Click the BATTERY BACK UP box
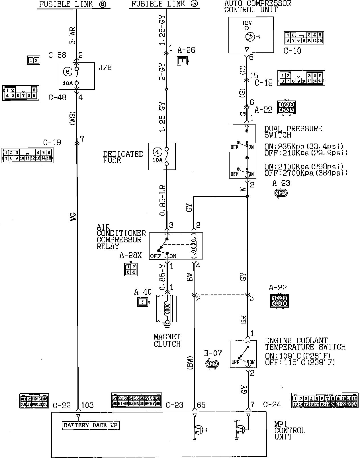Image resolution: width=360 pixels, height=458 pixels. [x=91, y=425]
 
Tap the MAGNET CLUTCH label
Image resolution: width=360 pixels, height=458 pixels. [x=167, y=340]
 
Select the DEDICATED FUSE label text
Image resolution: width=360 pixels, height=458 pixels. [x=123, y=157]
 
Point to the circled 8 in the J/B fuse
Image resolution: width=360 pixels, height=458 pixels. [x=67, y=72]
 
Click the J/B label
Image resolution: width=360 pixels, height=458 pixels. [x=105, y=68]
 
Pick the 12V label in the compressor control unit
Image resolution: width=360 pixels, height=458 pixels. [x=247, y=23]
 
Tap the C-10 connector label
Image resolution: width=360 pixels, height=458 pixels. [x=292, y=51]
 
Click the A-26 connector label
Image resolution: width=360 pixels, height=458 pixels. [x=186, y=50]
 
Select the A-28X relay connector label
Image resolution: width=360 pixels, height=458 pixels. [x=130, y=255]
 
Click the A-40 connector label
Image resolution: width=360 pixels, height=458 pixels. [x=143, y=292]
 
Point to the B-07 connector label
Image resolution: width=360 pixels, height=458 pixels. [x=213, y=354]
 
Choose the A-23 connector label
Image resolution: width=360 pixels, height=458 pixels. [x=281, y=183]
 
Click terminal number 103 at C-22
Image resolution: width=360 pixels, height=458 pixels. [x=87, y=405]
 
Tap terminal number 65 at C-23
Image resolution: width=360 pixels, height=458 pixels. [x=201, y=405]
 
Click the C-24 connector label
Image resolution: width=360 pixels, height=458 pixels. [x=272, y=405]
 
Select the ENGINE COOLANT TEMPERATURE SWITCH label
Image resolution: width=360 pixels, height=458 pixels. [x=305, y=344]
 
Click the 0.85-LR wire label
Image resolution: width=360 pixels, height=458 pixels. [x=163, y=201]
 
